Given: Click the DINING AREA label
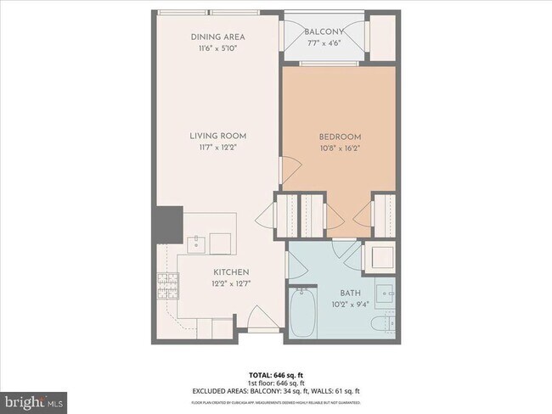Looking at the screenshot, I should tap(217, 38).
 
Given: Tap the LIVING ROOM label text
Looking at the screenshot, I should tap(217, 135).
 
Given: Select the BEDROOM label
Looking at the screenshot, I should tap(340, 137).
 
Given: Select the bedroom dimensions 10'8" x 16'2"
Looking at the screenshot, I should tap(340, 148).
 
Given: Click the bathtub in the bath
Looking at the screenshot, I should tap(301, 313).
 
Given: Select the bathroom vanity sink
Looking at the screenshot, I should tap(386, 294).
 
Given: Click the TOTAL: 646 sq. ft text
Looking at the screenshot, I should tap(276, 374).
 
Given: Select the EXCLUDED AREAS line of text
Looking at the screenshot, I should tap(276, 390).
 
